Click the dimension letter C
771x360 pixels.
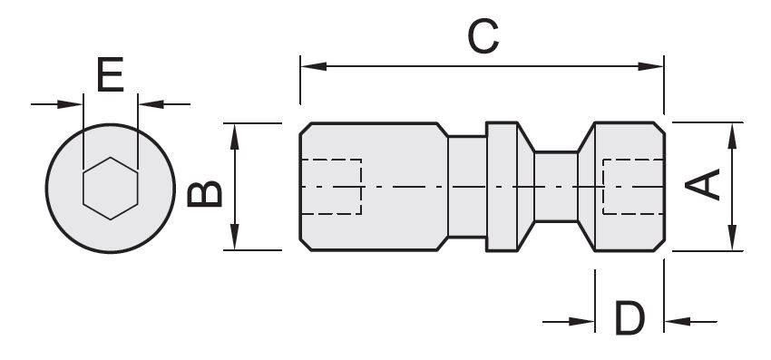pos(483,36)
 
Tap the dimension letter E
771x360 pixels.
pos(110,74)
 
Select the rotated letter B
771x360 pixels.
pos(205,194)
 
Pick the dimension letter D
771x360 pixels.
pos(629,318)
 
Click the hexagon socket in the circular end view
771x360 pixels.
pos(110,189)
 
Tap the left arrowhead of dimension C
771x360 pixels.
pos(313,66)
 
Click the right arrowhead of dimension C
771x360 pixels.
pos(650,66)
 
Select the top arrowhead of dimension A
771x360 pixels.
pos(733,136)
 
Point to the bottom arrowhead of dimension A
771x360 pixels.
pos(733,238)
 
